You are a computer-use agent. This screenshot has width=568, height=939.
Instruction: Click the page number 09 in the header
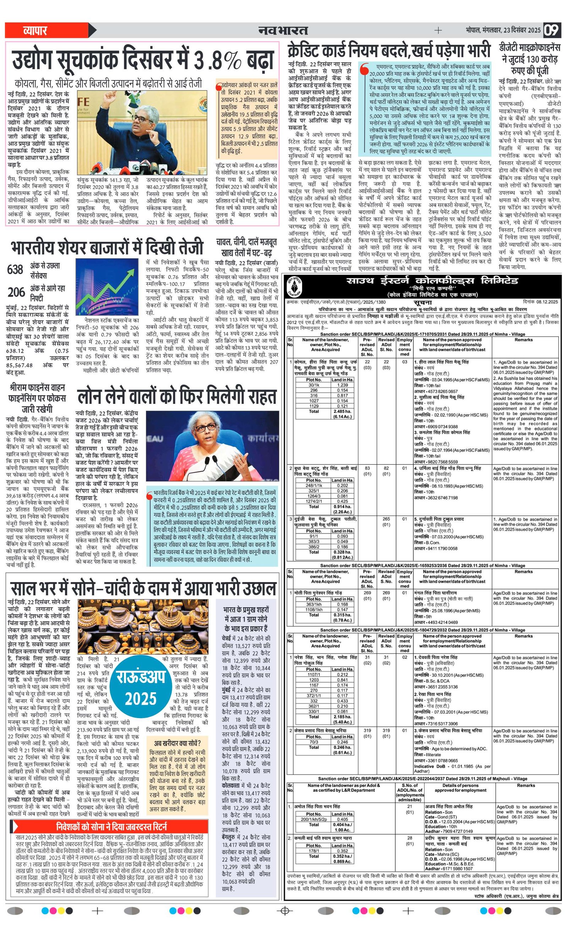pyautogui.click(x=551, y=30)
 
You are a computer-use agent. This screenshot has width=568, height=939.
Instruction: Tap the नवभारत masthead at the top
pyautogui.click(x=283, y=30)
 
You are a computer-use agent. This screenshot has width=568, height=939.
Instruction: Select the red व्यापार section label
pyautogui.click(x=35, y=30)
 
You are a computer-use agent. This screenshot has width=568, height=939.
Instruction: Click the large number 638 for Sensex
pyautogui.click(x=15, y=270)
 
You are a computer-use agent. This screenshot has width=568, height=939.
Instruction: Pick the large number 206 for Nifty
pyautogui.click(x=16, y=292)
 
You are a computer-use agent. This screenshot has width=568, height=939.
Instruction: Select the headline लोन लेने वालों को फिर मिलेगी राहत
pyautogui.click(x=176, y=397)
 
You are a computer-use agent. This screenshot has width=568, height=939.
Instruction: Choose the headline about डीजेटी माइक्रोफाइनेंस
pyautogui.click(x=530, y=59)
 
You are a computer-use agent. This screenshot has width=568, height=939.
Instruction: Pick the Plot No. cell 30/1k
pyautogui.click(x=313, y=385)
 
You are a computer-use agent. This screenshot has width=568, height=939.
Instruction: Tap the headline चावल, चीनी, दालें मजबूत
pyautogui.click(x=246, y=247)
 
